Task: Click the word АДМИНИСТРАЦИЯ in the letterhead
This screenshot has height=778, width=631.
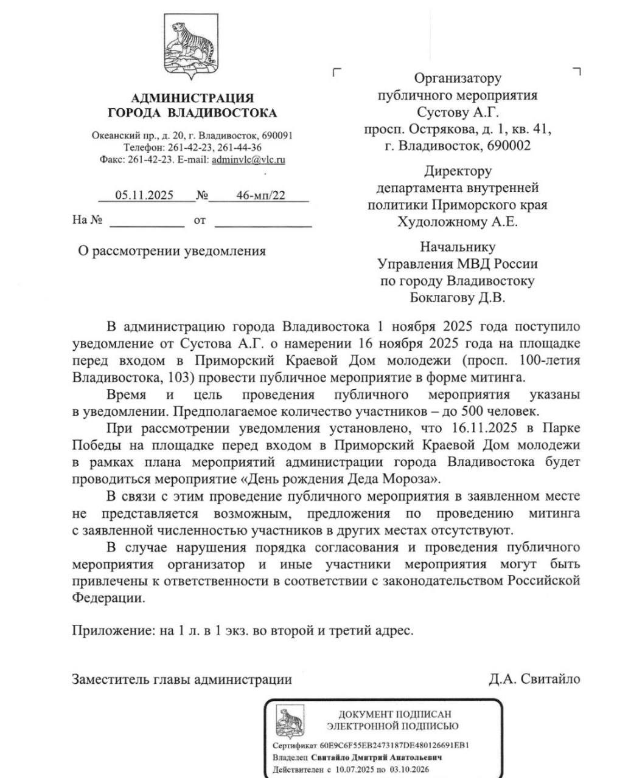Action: pyautogui.click(x=192, y=98)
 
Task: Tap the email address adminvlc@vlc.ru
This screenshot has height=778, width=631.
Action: pyautogui.click(x=248, y=160)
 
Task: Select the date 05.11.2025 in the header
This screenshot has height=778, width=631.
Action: pyautogui.click(x=145, y=195)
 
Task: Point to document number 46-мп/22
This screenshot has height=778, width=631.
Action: pyautogui.click(x=260, y=195)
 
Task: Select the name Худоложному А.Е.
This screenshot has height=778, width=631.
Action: pyautogui.click(x=458, y=221)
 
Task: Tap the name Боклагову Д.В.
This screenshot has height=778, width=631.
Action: pyautogui.click(x=458, y=298)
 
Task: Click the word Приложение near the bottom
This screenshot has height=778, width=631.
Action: pyautogui.click(x=113, y=630)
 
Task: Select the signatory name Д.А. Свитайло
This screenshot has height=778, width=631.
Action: pyautogui.click(x=534, y=679)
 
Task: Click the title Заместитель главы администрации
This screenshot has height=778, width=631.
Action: pyautogui.click(x=182, y=679)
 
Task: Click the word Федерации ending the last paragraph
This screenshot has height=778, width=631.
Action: pyautogui.click(x=109, y=597)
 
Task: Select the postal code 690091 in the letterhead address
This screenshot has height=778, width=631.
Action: pyautogui.click(x=276, y=136)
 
